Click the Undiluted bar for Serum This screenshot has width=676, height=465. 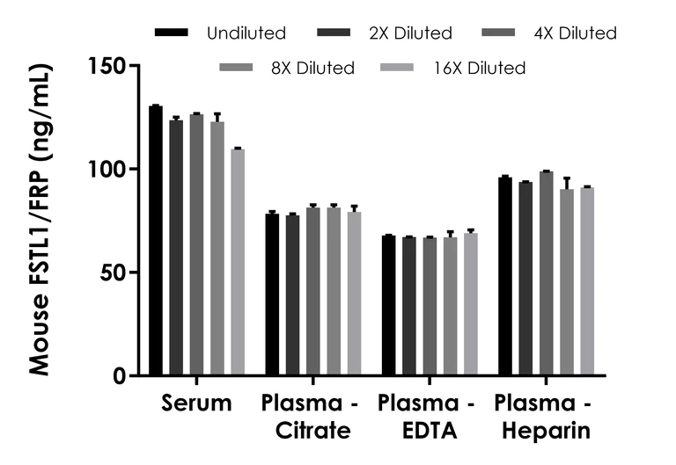point(156,241)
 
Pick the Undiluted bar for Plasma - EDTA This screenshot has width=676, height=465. point(388,306)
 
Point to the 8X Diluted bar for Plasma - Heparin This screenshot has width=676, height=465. point(566,282)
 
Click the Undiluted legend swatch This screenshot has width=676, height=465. point(173,33)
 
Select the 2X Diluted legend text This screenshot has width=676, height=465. point(411,33)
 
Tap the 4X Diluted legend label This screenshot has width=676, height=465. point(576,33)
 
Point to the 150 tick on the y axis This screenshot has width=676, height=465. point(109,66)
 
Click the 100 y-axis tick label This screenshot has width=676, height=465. point(109,169)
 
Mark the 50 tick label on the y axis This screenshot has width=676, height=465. point(114,272)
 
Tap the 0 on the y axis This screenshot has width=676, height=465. point(121,376)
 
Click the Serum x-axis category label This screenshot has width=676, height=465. point(196,403)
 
